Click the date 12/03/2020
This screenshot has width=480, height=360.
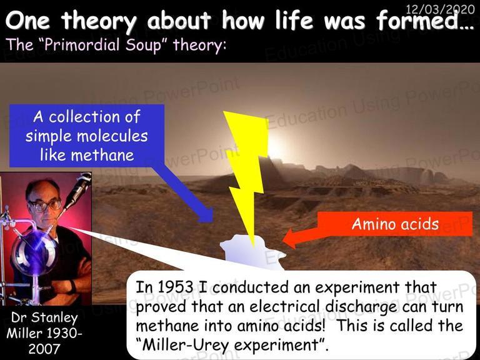click(x=440, y=9)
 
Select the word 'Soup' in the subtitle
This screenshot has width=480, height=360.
click(x=143, y=45)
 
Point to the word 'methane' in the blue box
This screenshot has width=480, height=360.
click(x=102, y=155)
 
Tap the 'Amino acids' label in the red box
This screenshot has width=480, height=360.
click(x=395, y=224)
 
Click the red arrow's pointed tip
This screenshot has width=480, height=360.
click(x=283, y=239)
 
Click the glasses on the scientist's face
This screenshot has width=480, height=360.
click(x=44, y=206)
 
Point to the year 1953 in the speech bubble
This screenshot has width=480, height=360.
click(x=176, y=287)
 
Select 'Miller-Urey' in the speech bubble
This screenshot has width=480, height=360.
click(x=186, y=345)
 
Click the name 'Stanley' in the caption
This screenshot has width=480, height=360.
click(x=54, y=318)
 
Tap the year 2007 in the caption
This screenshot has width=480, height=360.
click(x=44, y=349)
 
